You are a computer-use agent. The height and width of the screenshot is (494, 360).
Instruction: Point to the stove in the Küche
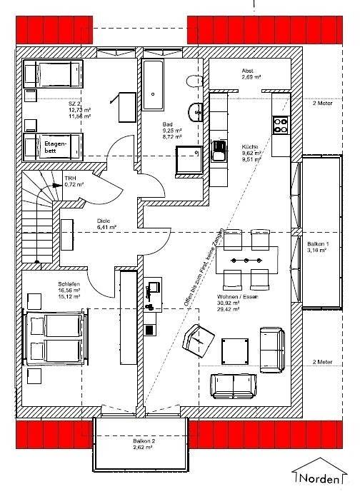(280, 126)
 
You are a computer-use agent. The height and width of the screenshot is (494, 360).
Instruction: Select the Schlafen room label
(69, 288)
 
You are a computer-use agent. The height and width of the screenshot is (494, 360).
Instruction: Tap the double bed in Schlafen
(56, 338)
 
